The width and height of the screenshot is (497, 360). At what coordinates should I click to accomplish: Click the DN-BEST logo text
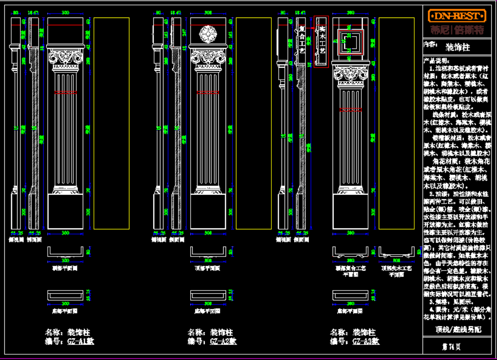457,16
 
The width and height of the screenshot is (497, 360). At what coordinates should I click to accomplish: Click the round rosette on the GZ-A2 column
208,34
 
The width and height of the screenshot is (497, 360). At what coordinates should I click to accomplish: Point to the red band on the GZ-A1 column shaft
65,92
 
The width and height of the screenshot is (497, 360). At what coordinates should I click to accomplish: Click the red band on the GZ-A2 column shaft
208,92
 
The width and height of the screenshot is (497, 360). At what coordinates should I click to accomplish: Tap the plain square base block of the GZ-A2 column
208,211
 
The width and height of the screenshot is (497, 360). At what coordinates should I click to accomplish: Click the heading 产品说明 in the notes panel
434,60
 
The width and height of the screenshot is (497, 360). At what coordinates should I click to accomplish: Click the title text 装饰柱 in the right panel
458,47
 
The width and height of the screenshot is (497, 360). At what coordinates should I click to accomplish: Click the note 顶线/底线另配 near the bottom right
458,329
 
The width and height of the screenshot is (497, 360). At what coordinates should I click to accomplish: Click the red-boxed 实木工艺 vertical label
321,42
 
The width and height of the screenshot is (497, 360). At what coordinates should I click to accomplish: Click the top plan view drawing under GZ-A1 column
65,251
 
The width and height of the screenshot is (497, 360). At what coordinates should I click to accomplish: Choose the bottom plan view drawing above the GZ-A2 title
208,296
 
